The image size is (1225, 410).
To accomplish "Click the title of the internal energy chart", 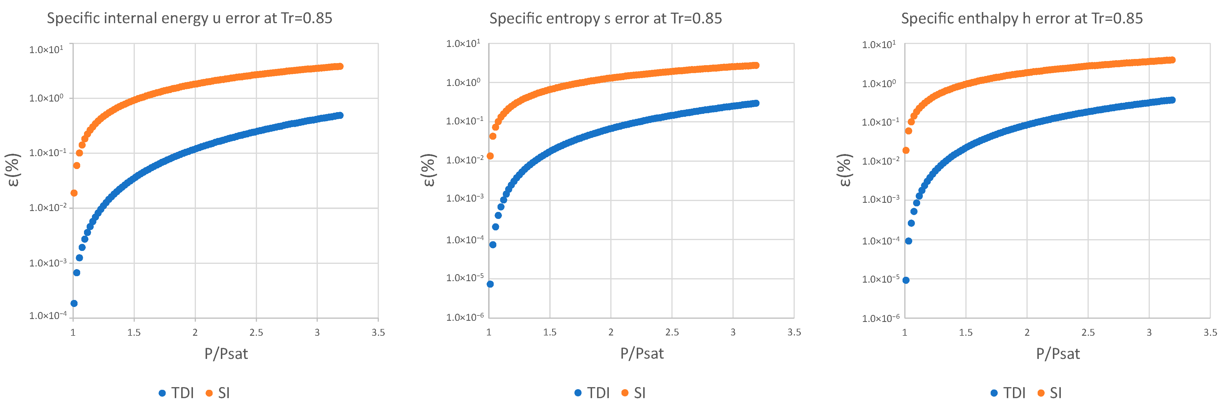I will pyautogui.click(x=189, y=18).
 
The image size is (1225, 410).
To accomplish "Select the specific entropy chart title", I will pyautogui.click(x=605, y=18).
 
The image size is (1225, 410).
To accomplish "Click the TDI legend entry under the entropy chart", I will pyautogui.click(x=592, y=393).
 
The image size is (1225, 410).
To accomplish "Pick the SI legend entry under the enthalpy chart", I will pyautogui.click(x=1050, y=393).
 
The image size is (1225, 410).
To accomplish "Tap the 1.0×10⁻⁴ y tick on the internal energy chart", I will pyautogui.click(x=48, y=315).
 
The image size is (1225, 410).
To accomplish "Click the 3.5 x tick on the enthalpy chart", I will pyautogui.click(x=1210, y=333).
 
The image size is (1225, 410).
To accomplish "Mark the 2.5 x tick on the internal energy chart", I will pyautogui.click(x=256, y=333).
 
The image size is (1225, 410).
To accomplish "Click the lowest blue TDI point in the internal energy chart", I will pyautogui.click(x=74, y=303).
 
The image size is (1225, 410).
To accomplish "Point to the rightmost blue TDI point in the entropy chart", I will pyautogui.click(x=756, y=103).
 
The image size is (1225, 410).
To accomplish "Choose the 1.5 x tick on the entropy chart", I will pyautogui.click(x=550, y=333).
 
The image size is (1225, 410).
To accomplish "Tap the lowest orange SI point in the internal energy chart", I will pyautogui.click(x=74, y=193).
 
